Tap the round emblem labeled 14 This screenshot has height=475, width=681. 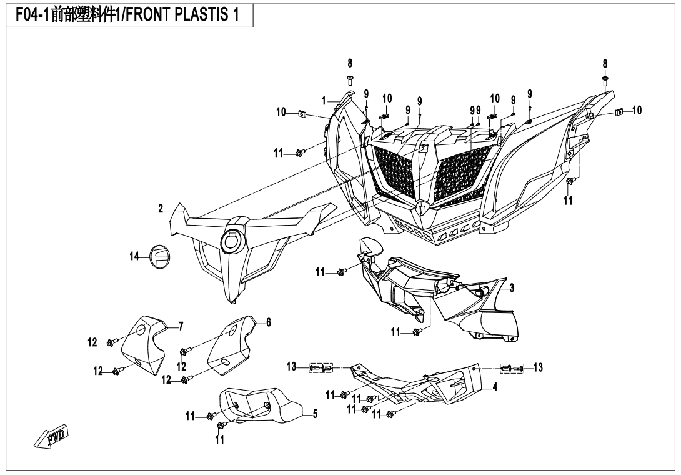157,256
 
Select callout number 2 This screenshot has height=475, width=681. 161,208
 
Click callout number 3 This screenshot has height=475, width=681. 512,287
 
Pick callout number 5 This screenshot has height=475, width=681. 315,414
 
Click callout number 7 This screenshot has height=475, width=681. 181,325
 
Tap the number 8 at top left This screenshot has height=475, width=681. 350,63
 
